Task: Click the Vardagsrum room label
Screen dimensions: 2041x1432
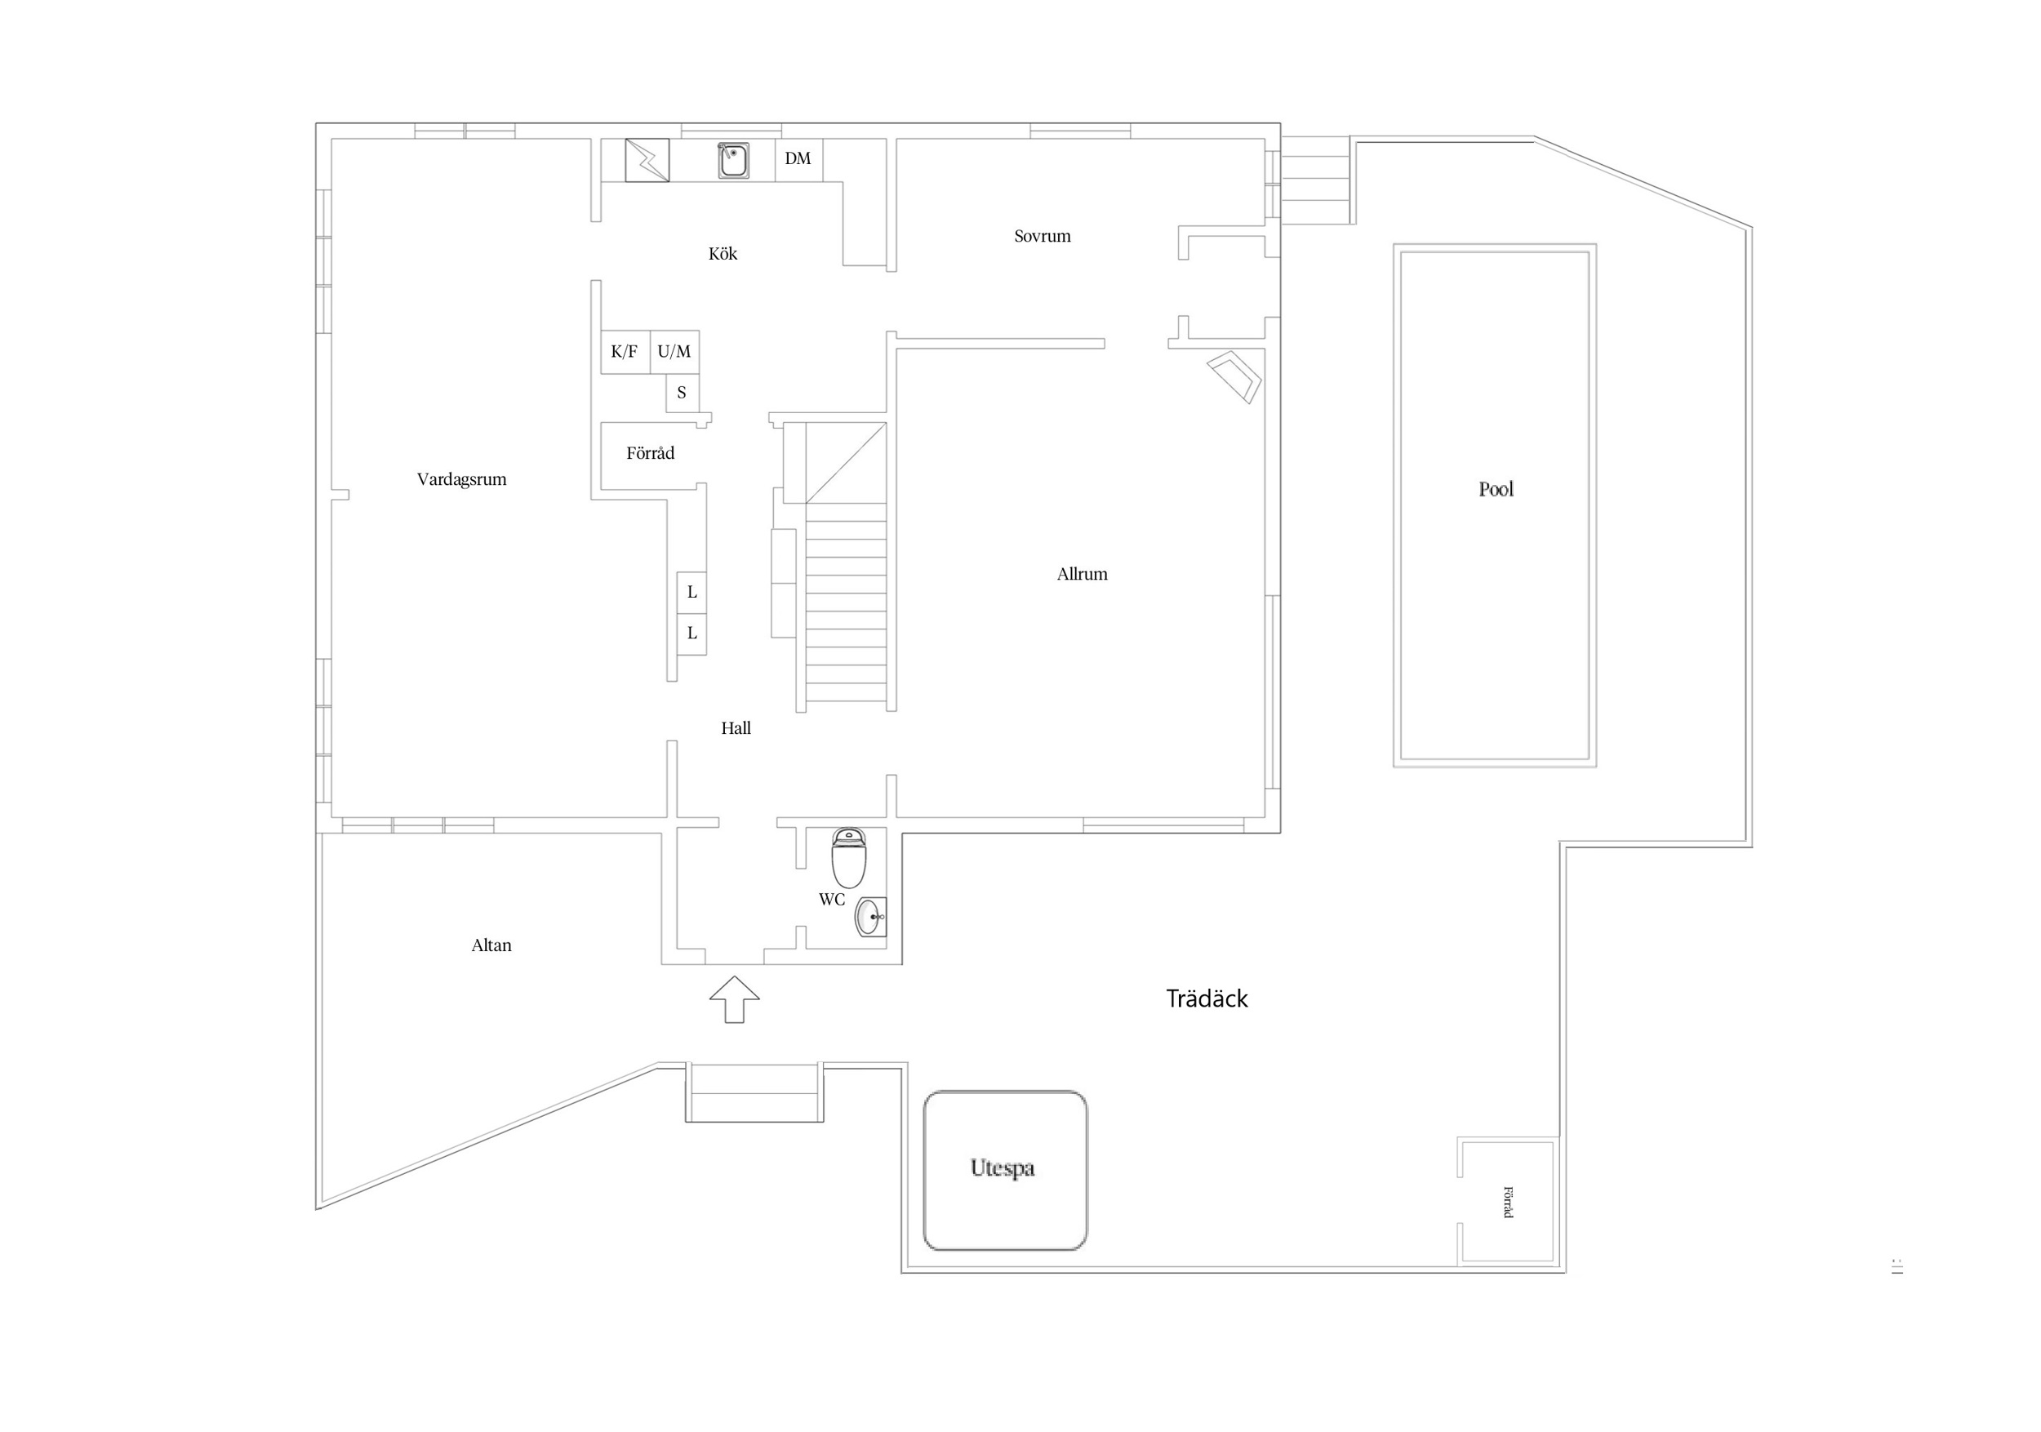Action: pyautogui.click(x=461, y=479)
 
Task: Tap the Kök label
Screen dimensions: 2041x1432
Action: pyautogui.click(x=723, y=253)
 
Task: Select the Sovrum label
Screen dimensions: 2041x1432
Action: pyautogui.click(x=1042, y=236)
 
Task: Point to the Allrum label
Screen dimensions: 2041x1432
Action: pyautogui.click(x=1082, y=573)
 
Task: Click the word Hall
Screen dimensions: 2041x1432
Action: pyautogui.click(x=736, y=728)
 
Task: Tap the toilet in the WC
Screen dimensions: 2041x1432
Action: pyautogui.click(x=849, y=858)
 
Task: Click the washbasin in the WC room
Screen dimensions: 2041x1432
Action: pyautogui.click(x=870, y=917)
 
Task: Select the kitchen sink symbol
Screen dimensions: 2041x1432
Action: pyautogui.click(x=733, y=160)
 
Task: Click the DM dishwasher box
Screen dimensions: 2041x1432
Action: pyautogui.click(x=798, y=160)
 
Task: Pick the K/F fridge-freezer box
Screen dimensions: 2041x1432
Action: pyautogui.click(x=625, y=352)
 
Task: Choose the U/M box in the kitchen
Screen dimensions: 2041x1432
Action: pyautogui.click(x=674, y=352)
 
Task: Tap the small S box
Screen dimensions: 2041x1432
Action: pyautogui.click(x=683, y=393)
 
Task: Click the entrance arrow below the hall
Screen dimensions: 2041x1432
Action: pyautogui.click(x=734, y=999)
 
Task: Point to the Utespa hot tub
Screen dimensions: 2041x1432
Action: pyautogui.click(x=1005, y=1170)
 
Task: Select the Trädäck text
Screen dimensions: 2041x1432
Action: pyautogui.click(x=1207, y=998)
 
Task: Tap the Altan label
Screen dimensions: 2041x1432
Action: pyautogui.click(x=491, y=945)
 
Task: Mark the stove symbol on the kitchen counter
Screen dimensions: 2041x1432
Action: pyautogui.click(x=647, y=160)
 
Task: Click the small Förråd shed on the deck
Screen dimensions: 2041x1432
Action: pyautogui.click(x=1507, y=1201)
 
